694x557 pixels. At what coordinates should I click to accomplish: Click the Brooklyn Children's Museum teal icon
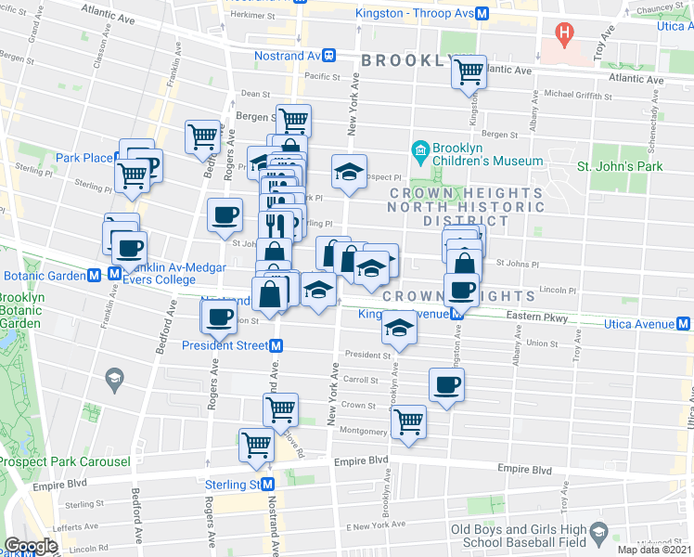(x=420, y=149)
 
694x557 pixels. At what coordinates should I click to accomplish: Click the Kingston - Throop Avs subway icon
(x=481, y=13)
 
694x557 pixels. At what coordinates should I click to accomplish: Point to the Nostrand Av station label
(x=287, y=56)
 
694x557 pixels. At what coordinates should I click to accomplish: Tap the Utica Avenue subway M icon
(x=683, y=324)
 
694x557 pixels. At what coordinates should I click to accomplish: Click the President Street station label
(x=225, y=345)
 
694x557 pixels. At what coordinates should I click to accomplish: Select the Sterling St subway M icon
(x=268, y=485)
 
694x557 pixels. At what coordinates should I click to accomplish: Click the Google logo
(x=31, y=545)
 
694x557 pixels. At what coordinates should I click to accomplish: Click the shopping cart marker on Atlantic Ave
(x=469, y=70)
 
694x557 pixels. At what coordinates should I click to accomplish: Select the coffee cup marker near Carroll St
(x=446, y=383)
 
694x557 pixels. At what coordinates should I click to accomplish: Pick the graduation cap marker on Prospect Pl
(x=349, y=171)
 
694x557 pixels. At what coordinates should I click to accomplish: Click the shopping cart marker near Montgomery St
(x=407, y=421)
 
